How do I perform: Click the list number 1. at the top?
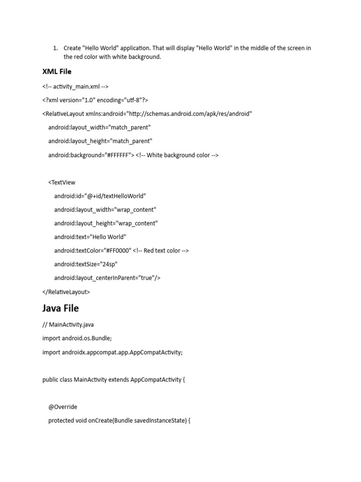55,48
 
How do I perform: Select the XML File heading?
57,72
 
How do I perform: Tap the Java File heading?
61,308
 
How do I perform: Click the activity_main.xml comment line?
75,86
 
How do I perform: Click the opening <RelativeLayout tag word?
63,113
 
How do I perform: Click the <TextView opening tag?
62,182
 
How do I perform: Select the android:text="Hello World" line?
90,237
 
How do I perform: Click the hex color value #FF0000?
119,250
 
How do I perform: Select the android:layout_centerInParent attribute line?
107,278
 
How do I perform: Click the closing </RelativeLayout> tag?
66,292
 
